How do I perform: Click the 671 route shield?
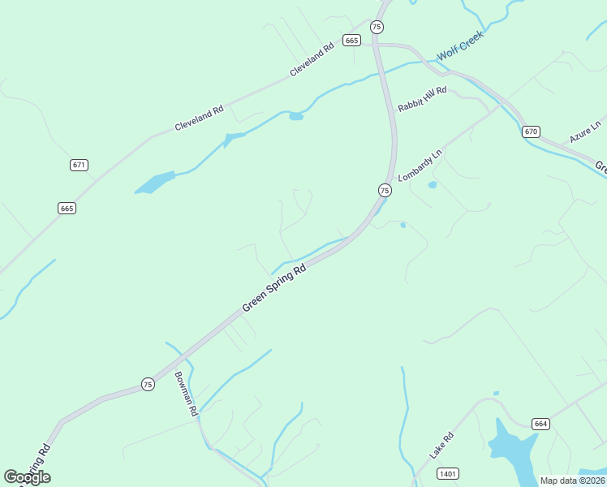click(x=79, y=165)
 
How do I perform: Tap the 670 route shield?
click(x=531, y=131)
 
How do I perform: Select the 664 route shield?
click(x=541, y=424)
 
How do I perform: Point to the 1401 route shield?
click(x=447, y=473)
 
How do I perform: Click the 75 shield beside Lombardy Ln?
click(x=385, y=190)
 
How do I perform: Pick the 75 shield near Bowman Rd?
click(x=147, y=384)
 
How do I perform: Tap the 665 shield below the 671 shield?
click(x=67, y=209)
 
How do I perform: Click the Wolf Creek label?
click(x=460, y=46)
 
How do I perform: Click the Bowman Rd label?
click(x=186, y=394)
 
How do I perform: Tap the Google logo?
click(x=27, y=477)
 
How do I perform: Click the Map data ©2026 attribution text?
click(x=571, y=481)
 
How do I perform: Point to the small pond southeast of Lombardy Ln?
click(x=432, y=185)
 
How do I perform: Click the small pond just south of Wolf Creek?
click(x=296, y=116)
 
